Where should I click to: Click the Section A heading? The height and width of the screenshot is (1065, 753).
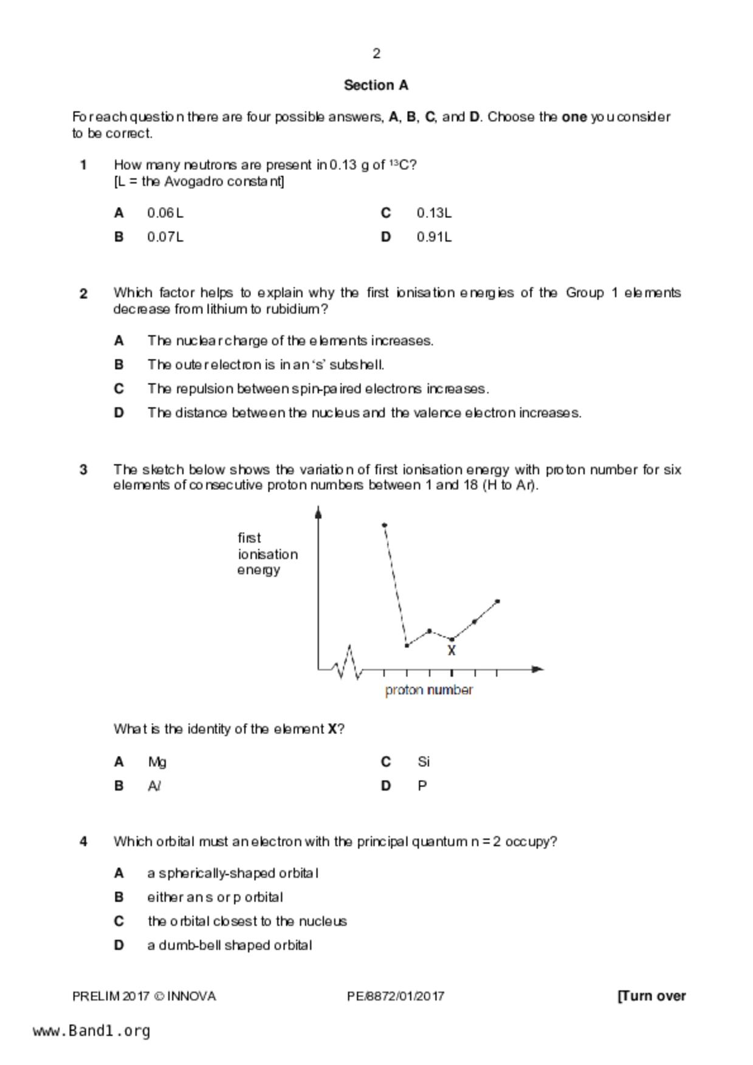click(376, 85)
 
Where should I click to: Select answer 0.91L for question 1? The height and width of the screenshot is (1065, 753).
click(434, 237)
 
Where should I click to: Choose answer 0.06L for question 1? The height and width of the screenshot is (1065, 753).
click(165, 213)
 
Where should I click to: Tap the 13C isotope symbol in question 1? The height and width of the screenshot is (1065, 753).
click(401, 165)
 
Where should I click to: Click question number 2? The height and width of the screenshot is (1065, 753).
click(83, 294)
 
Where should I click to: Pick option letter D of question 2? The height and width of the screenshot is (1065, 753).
click(119, 413)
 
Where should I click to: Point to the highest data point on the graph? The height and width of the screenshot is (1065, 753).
click(384, 525)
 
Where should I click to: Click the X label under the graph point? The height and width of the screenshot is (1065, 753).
click(452, 651)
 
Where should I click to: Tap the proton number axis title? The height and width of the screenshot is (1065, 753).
click(428, 690)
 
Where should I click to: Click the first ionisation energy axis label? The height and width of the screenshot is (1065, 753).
click(267, 554)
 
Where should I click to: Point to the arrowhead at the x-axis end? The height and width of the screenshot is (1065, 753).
click(537, 669)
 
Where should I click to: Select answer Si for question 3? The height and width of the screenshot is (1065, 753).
click(424, 761)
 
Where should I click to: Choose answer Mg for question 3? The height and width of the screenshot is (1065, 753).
click(157, 761)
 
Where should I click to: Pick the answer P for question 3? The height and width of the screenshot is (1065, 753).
click(422, 786)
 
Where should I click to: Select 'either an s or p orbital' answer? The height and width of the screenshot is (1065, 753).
click(215, 897)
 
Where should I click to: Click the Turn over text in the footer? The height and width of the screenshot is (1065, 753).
click(652, 996)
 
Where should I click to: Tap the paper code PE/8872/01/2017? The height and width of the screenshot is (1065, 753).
click(396, 996)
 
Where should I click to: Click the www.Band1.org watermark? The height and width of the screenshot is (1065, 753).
click(92, 1031)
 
